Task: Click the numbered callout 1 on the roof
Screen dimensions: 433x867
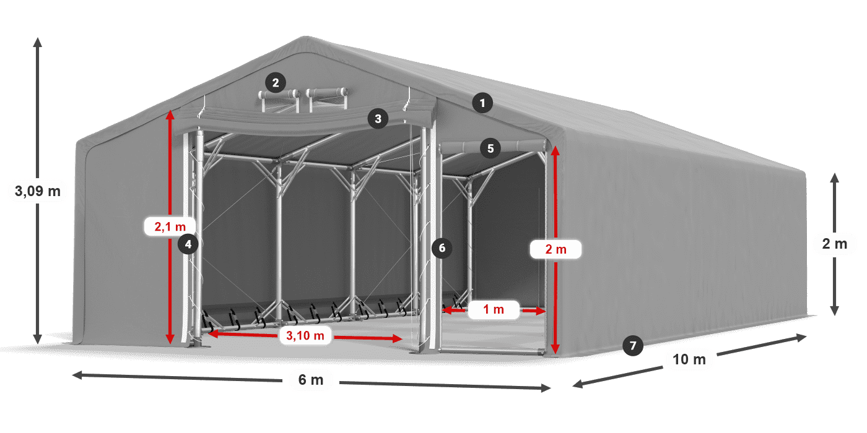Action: [x=482, y=103]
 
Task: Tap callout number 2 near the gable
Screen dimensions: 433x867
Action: [x=275, y=82]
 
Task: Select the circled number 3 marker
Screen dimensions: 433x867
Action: [x=378, y=118]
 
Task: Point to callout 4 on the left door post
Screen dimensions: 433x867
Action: [x=188, y=244]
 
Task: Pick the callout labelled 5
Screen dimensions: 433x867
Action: [x=490, y=148]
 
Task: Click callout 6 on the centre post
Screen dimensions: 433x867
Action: [x=442, y=248]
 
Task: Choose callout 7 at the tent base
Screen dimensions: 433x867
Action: [x=632, y=345]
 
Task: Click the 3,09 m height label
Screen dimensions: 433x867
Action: [x=37, y=191]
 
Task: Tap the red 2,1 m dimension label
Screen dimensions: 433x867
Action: [x=170, y=227]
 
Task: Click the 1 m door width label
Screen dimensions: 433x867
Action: [x=493, y=309]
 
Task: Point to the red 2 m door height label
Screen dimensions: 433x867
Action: [x=555, y=249]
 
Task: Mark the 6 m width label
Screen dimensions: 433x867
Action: [x=311, y=380]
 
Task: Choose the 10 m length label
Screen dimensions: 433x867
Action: [x=689, y=359]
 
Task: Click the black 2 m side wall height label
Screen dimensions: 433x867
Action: [x=834, y=244]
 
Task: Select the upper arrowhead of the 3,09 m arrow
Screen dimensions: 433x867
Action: [x=37, y=41]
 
